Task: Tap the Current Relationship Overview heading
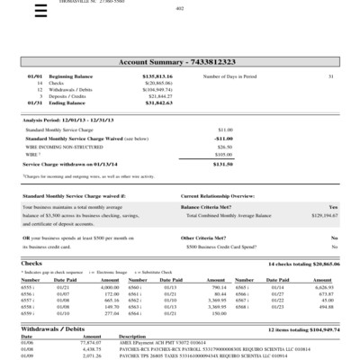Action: [x=222, y=196]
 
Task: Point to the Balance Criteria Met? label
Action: [x=209, y=207]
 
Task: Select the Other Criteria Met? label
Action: [x=206, y=237]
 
